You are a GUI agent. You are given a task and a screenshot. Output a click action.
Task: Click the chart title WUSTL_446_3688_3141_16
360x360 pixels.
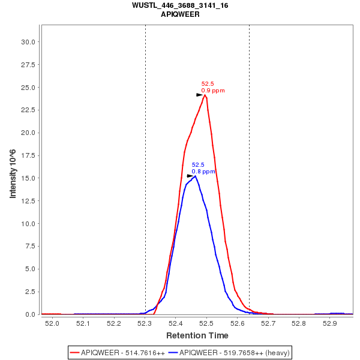(x=180, y=5)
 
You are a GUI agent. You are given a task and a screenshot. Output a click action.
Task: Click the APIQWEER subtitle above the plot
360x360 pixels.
(x=180, y=14)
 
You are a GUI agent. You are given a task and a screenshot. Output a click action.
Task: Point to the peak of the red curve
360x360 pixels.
(x=205, y=95)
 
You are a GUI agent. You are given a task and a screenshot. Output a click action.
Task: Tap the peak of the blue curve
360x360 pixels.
(x=195, y=176)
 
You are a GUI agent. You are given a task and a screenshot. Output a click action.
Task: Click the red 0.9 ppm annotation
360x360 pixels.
(x=213, y=91)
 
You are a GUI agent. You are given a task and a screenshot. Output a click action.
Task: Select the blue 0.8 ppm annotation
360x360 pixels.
(x=203, y=172)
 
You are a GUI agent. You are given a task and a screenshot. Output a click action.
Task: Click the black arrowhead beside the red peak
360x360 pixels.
(x=200, y=95)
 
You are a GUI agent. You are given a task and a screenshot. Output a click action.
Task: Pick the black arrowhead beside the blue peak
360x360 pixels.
(x=190, y=176)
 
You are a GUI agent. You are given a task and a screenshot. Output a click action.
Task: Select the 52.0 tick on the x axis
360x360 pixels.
(x=52, y=324)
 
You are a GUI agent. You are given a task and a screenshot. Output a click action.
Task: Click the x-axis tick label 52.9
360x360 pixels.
(x=329, y=324)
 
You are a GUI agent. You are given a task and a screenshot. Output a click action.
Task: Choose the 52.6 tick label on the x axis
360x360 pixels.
(x=236, y=324)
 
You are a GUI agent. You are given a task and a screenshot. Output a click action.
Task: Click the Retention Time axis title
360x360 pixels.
(x=197, y=335)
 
